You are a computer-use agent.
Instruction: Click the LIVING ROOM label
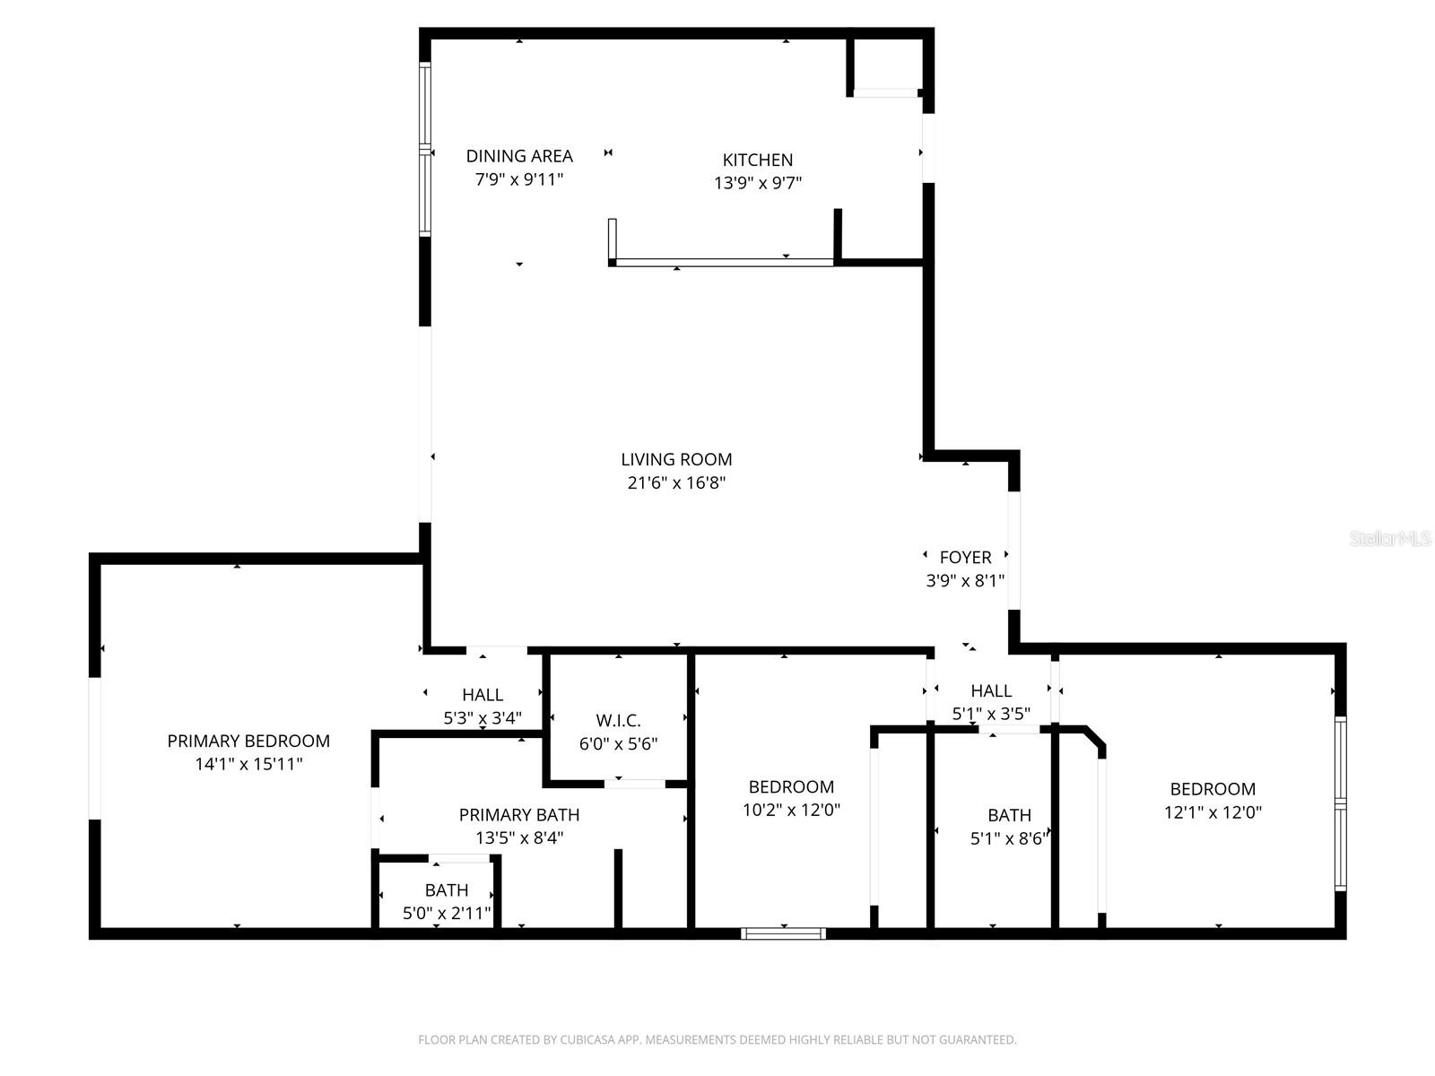pos(676,459)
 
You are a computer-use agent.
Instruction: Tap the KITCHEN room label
pos(758,160)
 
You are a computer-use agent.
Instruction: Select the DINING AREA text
pos(518,156)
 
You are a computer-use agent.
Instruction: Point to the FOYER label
pos(965,557)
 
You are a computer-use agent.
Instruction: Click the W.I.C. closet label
pos(618,720)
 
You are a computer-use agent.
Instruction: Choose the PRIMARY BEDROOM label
pos(248,741)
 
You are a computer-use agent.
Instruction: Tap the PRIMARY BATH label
pos(519,814)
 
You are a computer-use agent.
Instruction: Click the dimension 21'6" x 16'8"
pos(676,483)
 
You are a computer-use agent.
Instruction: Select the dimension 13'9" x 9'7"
pos(758,183)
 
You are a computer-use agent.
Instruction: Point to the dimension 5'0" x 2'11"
pos(447,914)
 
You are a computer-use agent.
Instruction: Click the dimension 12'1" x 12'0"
pos(1213,812)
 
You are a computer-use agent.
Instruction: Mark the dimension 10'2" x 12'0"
pos(791,811)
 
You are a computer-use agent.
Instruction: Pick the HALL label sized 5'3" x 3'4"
pos(483,695)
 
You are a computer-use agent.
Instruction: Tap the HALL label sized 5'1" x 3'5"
pos(991,690)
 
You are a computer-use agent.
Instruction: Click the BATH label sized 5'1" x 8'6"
pos(1009,815)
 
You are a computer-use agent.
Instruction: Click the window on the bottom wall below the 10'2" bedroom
pos(784,933)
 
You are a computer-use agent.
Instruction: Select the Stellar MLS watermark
pos(1390,538)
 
